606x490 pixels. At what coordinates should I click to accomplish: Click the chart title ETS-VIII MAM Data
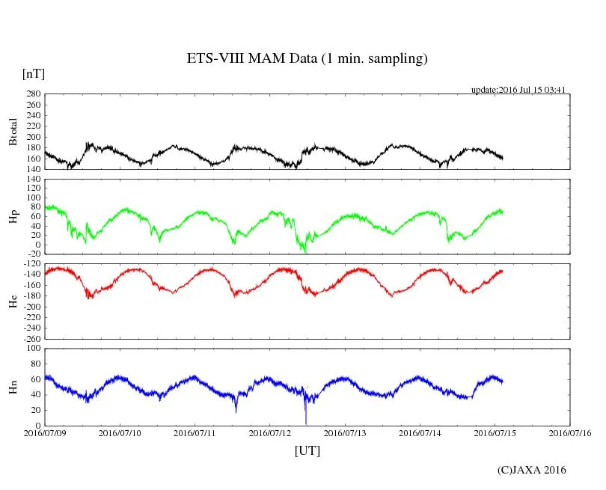pyautogui.click(x=307, y=59)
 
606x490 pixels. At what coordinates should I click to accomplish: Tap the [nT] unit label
pyautogui.click(x=34, y=74)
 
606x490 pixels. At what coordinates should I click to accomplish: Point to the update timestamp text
pyautogui.click(x=518, y=90)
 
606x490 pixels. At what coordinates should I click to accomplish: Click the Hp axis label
pyautogui.click(x=13, y=216)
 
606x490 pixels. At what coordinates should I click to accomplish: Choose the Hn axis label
pyautogui.click(x=13, y=387)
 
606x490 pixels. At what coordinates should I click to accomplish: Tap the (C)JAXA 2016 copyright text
pyautogui.click(x=532, y=470)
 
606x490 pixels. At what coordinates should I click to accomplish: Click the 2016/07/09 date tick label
pyautogui.click(x=45, y=432)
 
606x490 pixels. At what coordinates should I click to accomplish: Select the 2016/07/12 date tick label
pyautogui.click(x=270, y=432)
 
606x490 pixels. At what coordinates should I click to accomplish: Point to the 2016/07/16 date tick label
pyautogui.click(x=570, y=432)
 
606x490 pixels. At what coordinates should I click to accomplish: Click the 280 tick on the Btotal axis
pyautogui.click(x=32, y=94)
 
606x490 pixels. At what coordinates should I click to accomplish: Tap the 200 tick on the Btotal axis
pyautogui.click(x=32, y=137)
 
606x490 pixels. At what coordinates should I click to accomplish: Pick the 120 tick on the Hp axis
pyautogui.click(x=32, y=180)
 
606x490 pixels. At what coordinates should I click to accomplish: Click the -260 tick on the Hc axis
pyautogui.click(x=29, y=338)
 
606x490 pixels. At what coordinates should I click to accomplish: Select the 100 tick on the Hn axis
pyautogui.click(x=32, y=348)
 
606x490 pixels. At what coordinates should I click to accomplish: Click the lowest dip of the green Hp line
pyautogui.click(x=304, y=252)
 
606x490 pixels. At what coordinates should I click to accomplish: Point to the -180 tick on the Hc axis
pyautogui.click(x=29, y=296)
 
